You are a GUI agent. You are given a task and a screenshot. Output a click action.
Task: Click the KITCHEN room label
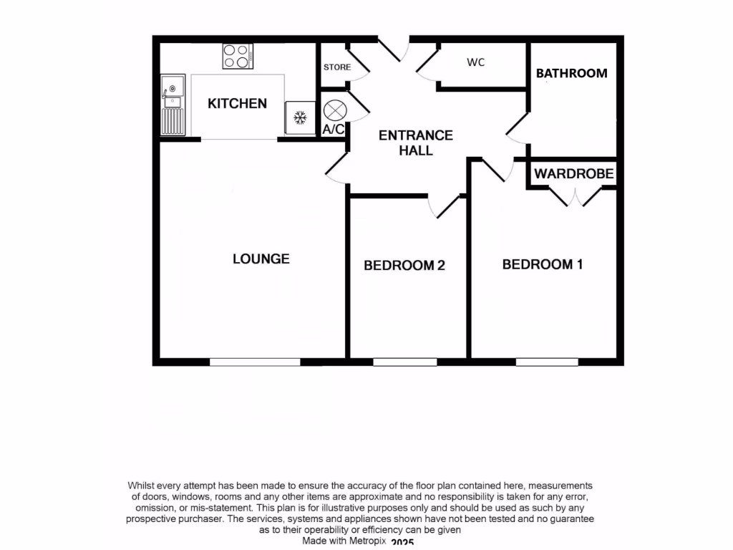coord(237,104)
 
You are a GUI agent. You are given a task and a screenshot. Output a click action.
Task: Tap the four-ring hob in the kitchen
coord(238,56)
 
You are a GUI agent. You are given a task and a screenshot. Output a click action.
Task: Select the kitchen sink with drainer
coord(173,105)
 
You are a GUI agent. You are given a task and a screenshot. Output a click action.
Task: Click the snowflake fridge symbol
coord(301,116)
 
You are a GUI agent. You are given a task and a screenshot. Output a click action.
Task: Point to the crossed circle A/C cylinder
coord(334,110)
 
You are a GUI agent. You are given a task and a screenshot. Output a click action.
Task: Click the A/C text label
coord(334,130)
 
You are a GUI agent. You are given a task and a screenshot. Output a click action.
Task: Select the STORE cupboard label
coord(337,67)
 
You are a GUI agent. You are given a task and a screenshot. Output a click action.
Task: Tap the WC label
coord(476,62)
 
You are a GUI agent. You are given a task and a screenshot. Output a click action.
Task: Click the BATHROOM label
coord(571,73)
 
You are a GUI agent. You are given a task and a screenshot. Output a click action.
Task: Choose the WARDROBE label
coord(573,173)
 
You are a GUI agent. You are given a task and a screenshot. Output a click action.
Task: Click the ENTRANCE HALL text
coord(416,143)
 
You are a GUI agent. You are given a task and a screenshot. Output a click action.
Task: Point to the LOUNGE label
coord(261,259)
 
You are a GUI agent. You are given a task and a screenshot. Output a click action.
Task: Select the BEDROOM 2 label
coord(404,266)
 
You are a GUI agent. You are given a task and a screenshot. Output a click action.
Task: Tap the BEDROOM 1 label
coord(543,264)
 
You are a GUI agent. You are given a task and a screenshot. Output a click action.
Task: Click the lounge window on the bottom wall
coord(255,362)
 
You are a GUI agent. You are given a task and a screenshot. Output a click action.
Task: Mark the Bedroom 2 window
coord(405,362)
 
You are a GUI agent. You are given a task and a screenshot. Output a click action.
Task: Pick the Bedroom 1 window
coord(547,362)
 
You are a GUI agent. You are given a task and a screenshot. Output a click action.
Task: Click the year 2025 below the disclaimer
coord(403,544)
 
